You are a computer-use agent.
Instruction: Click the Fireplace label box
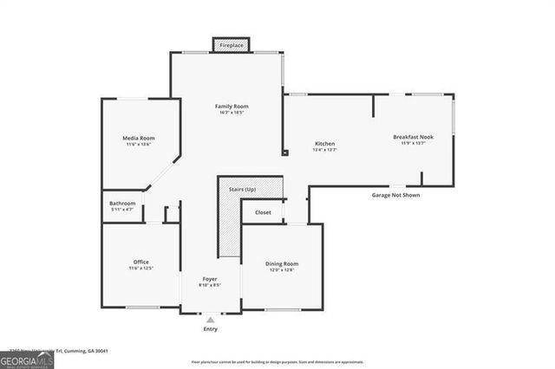coord(231,44)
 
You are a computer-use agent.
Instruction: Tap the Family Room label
coord(231,106)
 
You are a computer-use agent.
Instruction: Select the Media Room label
coord(139,138)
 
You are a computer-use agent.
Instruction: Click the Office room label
coord(141,262)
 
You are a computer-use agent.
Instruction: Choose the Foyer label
coord(210,278)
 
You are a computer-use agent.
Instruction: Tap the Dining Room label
coord(282,263)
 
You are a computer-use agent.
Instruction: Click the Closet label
coord(263,212)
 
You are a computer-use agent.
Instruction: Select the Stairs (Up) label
coord(242,188)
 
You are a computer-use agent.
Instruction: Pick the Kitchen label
coord(324,144)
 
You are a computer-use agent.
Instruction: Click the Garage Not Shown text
coord(395,196)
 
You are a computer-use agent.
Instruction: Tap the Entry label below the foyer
coord(211,329)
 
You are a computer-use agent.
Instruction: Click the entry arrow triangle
coord(211,320)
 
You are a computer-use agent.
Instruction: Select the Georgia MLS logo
coord(27,359)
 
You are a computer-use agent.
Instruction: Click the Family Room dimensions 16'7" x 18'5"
coord(231,113)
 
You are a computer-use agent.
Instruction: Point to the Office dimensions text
coord(141,269)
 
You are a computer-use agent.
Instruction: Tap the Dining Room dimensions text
coord(282,270)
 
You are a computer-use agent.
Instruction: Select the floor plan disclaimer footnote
coord(277,362)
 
